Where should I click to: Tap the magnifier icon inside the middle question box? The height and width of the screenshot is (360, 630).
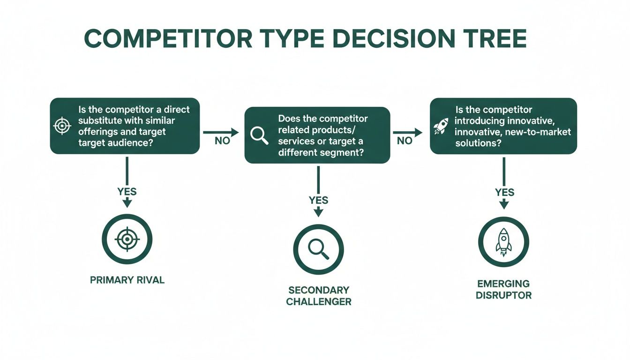(259, 135)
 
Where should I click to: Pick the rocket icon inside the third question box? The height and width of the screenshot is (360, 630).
(441, 126)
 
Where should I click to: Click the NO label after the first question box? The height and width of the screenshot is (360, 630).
(222, 141)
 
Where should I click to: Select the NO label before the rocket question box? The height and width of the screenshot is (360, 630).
(405, 141)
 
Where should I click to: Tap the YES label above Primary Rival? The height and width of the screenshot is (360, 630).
(127, 191)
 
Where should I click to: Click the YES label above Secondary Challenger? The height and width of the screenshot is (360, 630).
(318, 200)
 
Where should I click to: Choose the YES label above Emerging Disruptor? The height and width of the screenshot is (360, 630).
(504, 192)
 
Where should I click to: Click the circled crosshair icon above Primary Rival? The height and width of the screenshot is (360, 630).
(127, 240)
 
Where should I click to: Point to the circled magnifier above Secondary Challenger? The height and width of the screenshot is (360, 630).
(318, 249)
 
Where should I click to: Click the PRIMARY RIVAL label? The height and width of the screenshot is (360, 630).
(127, 280)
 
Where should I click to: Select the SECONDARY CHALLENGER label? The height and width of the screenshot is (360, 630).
(319, 296)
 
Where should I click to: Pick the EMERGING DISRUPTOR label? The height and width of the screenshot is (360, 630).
(504, 289)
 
